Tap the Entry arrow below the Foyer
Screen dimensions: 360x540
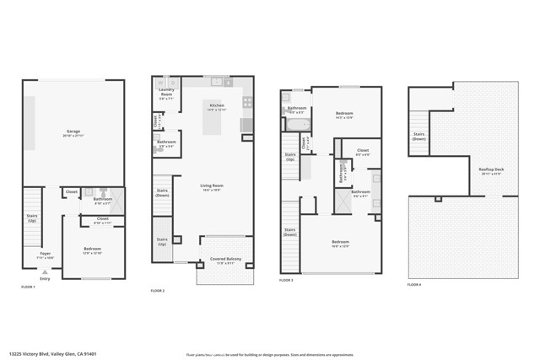coord(45,271)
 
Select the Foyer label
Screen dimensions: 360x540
coord(45,254)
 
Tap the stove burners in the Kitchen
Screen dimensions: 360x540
coord(247,103)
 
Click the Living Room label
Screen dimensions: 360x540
coord(211,187)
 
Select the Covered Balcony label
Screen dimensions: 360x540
coord(224,261)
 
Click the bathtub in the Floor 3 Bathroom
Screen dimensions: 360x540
coord(297,124)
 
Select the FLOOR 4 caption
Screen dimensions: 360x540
coord(414,285)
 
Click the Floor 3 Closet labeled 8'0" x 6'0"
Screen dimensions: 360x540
coord(362,153)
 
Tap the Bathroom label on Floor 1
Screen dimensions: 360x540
coord(103,201)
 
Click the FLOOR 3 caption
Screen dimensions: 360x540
coord(287,280)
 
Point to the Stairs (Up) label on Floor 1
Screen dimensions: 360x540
coord(32,218)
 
